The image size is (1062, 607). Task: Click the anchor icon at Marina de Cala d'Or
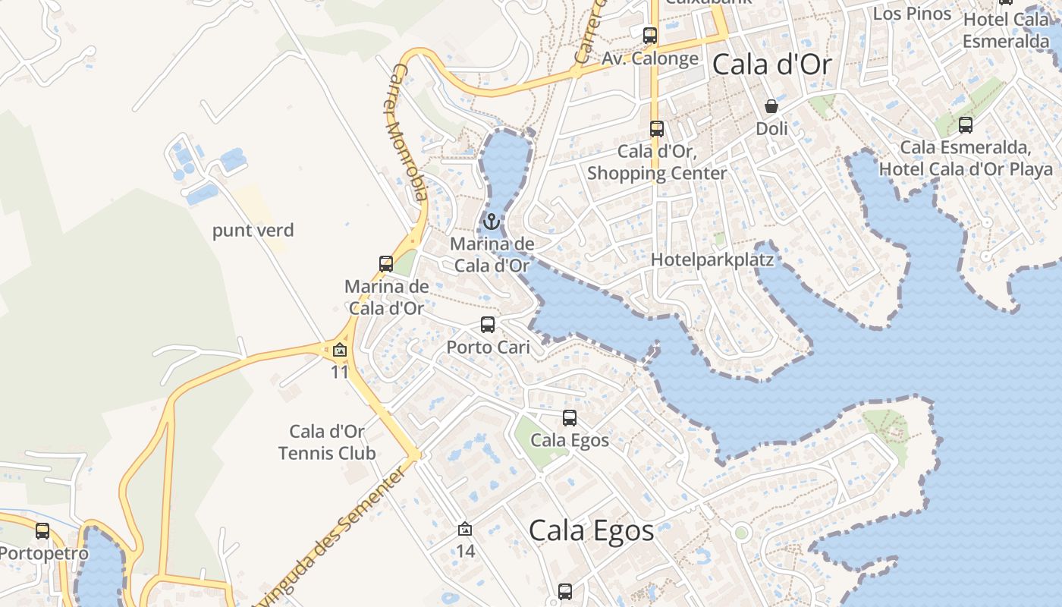click(492, 222)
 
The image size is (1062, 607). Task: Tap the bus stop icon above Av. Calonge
click(649, 35)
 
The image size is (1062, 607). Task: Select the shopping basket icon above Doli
click(771, 106)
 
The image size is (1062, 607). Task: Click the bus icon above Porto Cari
click(488, 325)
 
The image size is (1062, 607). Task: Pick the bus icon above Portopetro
click(42, 531)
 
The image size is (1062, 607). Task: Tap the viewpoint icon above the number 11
click(339, 351)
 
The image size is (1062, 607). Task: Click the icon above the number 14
click(465, 529)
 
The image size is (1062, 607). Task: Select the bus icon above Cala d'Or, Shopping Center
click(657, 129)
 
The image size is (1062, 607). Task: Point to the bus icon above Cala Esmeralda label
click(965, 125)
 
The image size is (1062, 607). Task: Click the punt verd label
click(253, 231)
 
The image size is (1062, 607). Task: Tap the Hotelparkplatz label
click(712, 260)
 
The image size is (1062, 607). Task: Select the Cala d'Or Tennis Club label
click(327, 442)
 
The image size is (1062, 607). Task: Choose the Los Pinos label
click(912, 13)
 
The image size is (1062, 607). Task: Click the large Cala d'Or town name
click(772, 65)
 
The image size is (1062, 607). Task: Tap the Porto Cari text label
click(488, 348)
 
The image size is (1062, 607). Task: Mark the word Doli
click(771, 129)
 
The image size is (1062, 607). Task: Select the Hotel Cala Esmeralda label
click(1006, 30)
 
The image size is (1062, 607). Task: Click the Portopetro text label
click(44, 553)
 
